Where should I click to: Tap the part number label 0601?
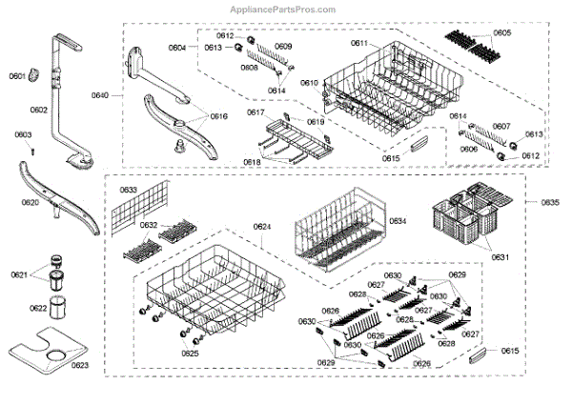click(x=17, y=76)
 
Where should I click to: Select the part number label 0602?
click(x=38, y=111)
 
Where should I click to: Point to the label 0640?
click(x=101, y=95)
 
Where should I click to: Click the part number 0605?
click(x=501, y=33)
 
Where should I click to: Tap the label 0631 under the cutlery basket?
click(x=473, y=257)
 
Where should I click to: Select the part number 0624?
click(x=262, y=226)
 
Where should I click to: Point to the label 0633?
click(x=128, y=191)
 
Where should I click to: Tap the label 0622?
click(x=37, y=309)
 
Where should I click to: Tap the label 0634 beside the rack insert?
click(x=397, y=220)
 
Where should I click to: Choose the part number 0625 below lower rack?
click(x=190, y=354)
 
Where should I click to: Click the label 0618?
click(x=252, y=163)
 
